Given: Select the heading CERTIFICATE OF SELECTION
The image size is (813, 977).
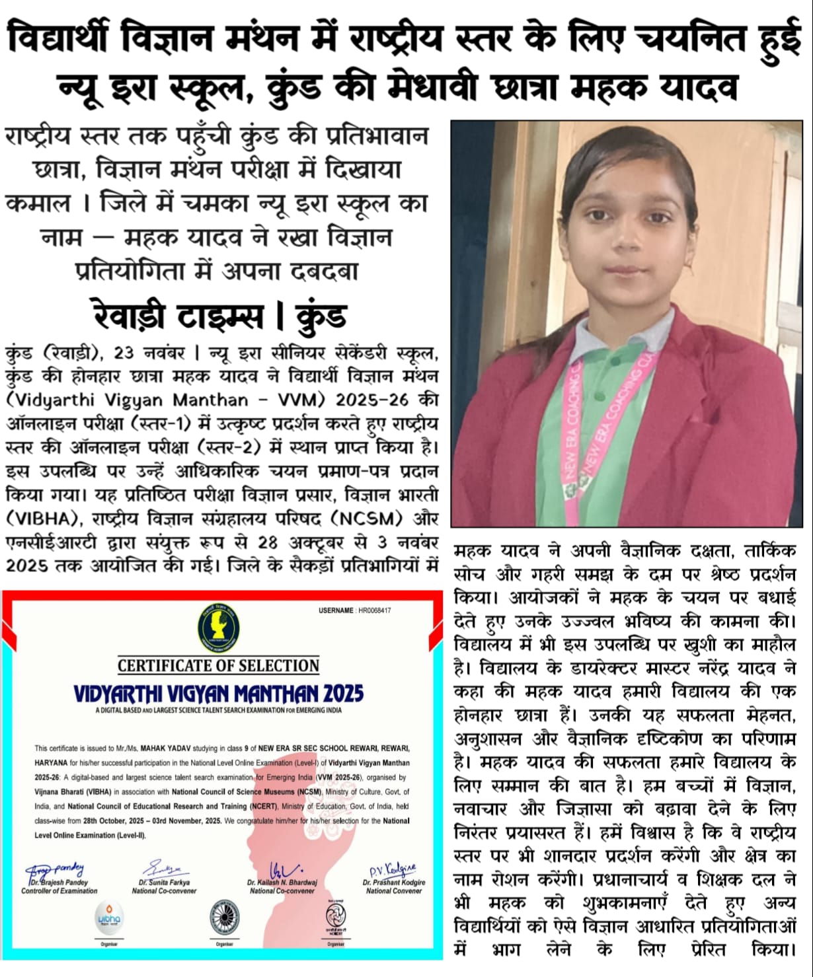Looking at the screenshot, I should coord(218,665).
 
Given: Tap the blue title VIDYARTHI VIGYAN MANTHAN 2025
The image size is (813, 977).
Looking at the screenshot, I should coord(218,694).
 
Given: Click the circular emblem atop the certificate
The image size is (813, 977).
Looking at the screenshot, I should coord(219,628).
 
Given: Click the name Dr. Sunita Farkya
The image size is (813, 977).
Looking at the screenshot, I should coord(164,883).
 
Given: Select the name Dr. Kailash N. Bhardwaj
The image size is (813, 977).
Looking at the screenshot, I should coord(282,883).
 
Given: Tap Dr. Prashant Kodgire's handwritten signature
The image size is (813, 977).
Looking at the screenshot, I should coord(393,870).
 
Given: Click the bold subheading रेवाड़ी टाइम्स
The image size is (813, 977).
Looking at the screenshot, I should coord(178,316).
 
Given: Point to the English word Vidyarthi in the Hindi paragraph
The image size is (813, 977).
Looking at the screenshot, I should coord(55,400).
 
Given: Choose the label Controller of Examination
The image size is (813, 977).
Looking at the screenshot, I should coord(59,891).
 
